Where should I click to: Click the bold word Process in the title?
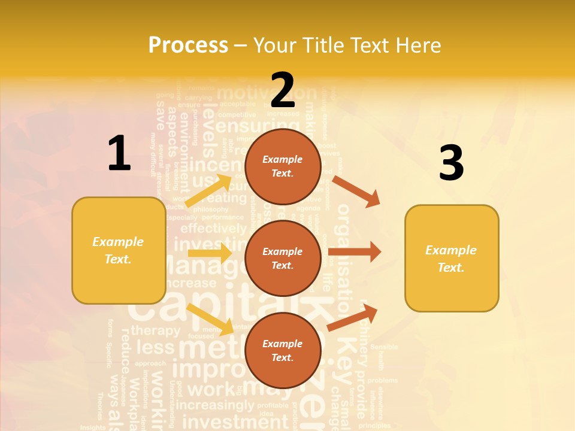tap(188, 45)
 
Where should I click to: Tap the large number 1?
tap(119, 154)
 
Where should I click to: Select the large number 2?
tap(283, 90)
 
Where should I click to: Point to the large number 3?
tap(452, 163)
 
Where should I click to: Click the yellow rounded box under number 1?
tap(119, 250)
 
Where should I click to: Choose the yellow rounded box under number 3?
tap(452, 258)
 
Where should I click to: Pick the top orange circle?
tap(283, 166)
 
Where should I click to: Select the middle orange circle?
tap(283, 258)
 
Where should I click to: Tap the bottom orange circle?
tap(283, 350)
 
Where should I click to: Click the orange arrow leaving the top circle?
tap(356, 191)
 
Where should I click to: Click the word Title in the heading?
tap(324, 45)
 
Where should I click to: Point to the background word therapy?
tap(155, 330)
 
